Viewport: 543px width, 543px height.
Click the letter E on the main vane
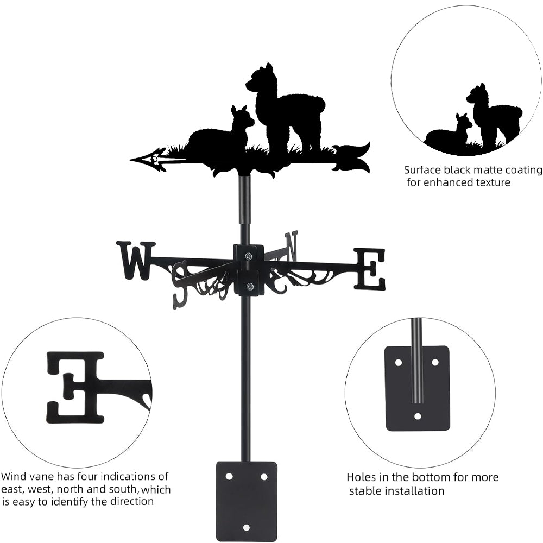click(x=370, y=269)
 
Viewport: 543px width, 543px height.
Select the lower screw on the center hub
click(x=249, y=286)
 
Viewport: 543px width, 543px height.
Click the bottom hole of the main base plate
click(x=247, y=527)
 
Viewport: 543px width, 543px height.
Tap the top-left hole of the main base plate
click(x=229, y=476)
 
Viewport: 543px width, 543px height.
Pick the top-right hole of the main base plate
click(x=264, y=476)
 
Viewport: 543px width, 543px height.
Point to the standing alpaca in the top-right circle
click(x=492, y=114)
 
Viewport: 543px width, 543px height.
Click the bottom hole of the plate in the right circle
click(x=418, y=416)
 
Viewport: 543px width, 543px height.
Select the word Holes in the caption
click(x=361, y=477)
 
